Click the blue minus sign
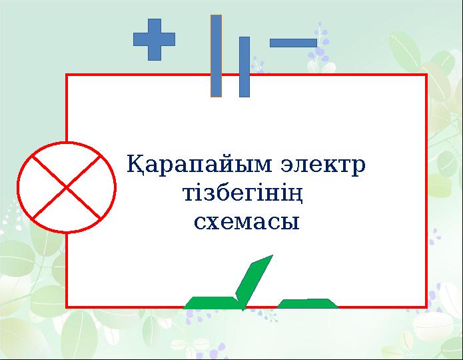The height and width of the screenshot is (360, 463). point(292,43)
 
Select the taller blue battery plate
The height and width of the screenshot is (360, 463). point(216,56)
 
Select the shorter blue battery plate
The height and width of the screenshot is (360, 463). point(244,67)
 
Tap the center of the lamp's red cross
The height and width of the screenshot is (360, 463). point(67,187)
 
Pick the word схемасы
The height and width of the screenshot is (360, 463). point(246,221)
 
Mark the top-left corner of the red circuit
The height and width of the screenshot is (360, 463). point(67,75)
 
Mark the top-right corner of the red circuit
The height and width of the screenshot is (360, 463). point(426,75)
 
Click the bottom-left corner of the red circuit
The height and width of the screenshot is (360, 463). point(67,307)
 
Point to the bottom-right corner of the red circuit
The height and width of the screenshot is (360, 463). point(426,307)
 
